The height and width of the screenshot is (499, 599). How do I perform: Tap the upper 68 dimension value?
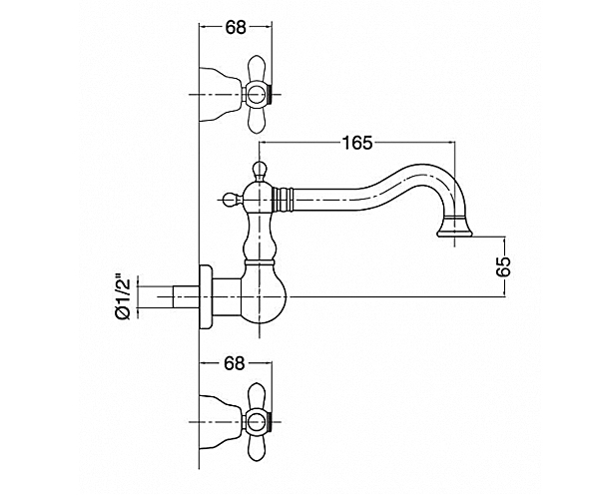pyautogui.click(x=235, y=27)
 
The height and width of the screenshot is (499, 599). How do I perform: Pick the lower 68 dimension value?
pyautogui.click(x=235, y=364)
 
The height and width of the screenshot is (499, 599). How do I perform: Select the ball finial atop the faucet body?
pyautogui.click(x=260, y=170)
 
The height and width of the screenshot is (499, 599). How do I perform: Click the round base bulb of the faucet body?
pyautogui.click(x=261, y=295)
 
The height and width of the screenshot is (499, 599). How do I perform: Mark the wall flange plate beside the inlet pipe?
pyautogui.click(x=207, y=295)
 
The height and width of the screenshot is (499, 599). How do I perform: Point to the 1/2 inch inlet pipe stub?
pyautogui.click(x=175, y=296)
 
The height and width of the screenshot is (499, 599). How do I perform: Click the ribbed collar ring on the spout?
pyautogui.click(x=287, y=197)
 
